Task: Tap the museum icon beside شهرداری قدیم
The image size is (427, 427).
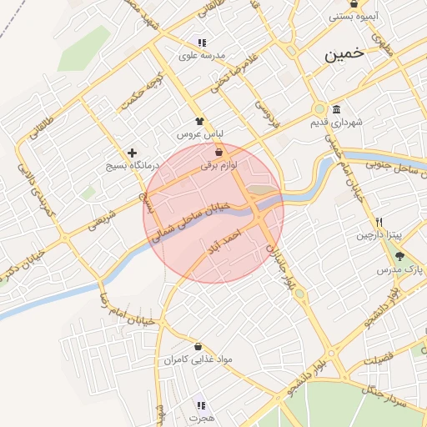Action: (336, 110)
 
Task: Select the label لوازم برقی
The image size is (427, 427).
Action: (219, 166)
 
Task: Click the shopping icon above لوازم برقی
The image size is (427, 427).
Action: (219, 153)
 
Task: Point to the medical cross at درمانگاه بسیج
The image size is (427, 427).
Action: (132, 153)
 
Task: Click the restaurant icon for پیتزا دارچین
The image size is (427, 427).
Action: (379, 222)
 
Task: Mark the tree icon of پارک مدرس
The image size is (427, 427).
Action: (399, 256)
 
